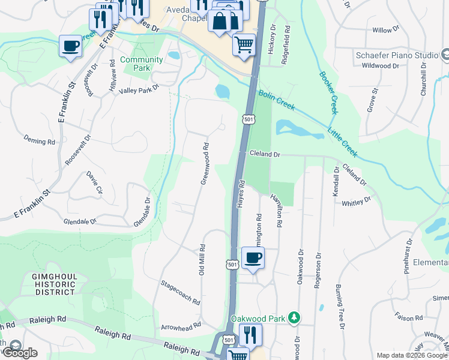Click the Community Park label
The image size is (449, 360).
click(x=142, y=64)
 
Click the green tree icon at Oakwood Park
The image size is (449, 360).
click(x=294, y=317)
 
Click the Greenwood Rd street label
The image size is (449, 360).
click(x=204, y=163)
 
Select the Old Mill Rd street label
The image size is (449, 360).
click(x=202, y=259)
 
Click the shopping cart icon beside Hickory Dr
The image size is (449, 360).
click(x=244, y=44)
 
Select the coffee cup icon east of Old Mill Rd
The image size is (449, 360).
click(x=253, y=259)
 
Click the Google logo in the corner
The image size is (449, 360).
click(x=19, y=352)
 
